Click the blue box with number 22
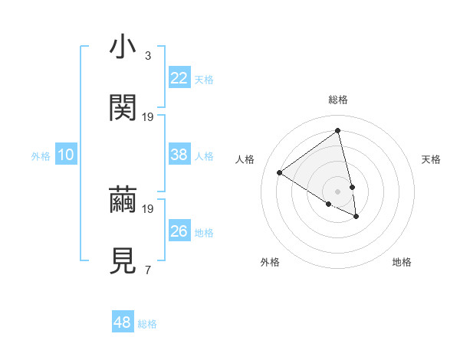click(x=179, y=78)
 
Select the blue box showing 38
click(x=179, y=155)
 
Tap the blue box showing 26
click(x=179, y=231)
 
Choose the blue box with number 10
click(x=66, y=155)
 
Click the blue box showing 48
click(x=123, y=322)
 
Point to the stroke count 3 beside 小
click(x=148, y=56)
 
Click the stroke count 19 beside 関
click(x=148, y=116)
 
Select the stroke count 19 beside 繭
click(x=148, y=208)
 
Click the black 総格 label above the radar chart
click(x=338, y=100)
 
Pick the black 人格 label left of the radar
click(x=245, y=159)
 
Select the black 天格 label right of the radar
click(x=431, y=159)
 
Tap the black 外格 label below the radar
click(x=270, y=262)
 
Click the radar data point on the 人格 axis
click(x=280, y=172)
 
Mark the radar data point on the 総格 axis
click(x=337, y=131)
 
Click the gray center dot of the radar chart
click(x=337, y=191)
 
